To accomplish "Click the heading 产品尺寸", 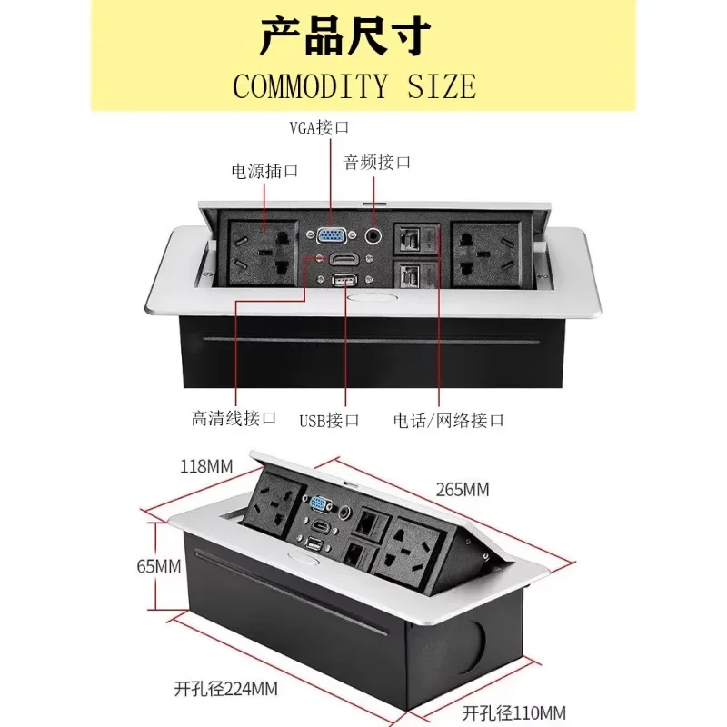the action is click(x=345, y=36).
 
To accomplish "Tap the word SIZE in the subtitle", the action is click(x=440, y=86).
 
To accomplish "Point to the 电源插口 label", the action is click(x=264, y=170).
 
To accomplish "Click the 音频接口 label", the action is click(x=377, y=163).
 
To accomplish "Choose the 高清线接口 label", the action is click(x=234, y=418).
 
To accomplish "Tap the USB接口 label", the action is click(x=329, y=420).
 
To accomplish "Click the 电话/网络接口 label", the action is click(x=448, y=420).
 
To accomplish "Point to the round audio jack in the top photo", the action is click(x=373, y=235).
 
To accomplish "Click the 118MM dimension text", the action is click(x=206, y=467).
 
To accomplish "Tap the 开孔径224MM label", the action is click(x=226, y=688).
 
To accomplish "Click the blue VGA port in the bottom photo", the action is click(x=320, y=503).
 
